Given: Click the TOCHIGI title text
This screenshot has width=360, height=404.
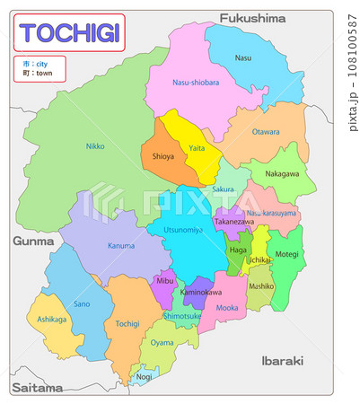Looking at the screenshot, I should (x=69, y=33).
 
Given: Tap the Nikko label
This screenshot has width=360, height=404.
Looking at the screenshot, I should (x=95, y=145).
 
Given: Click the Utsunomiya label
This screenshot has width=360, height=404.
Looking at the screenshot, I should (x=181, y=230).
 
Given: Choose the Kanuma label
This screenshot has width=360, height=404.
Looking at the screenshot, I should (x=120, y=245).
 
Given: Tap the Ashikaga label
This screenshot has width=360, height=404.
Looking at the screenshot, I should (x=51, y=319).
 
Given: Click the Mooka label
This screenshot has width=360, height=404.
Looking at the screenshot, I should (x=228, y=308).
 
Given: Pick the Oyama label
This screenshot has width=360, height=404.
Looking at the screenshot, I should (x=162, y=342).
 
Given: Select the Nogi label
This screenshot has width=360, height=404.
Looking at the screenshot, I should (x=145, y=378).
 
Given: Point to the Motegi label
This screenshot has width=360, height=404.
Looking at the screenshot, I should (x=286, y=254).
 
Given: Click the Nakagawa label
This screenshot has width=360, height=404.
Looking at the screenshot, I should (x=282, y=173).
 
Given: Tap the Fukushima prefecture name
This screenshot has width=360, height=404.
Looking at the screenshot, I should (x=252, y=17).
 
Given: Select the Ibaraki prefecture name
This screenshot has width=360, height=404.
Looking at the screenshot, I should (x=281, y=360).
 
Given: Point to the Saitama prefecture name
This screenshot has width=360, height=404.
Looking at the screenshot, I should (x=37, y=388).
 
